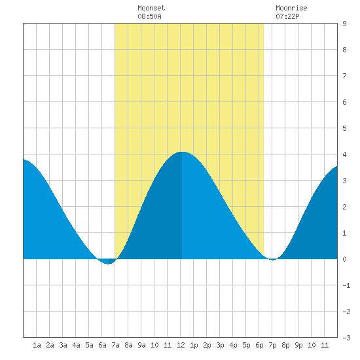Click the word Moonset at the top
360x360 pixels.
tap(151, 8)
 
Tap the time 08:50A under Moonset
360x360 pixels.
tap(149, 16)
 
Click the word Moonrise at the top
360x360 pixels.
tap(291, 8)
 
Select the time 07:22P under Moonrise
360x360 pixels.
tap(287, 16)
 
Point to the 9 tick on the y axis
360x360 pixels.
tap(344, 24)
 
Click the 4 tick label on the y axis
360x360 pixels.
tap(344, 154)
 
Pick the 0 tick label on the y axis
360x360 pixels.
tap(344, 259)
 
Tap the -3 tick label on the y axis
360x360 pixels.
tap(346, 338)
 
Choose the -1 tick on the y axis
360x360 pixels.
tap(346, 285)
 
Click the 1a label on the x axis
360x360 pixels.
tap(37, 345)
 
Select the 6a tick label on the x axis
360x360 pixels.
tap(102, 345)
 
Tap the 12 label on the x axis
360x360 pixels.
tap(181, 345)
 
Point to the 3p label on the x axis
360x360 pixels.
tap(220, 345)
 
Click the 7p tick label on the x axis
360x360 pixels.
tap(272, 345)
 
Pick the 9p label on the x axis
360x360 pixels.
tap(298, 345)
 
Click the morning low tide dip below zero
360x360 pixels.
tap(108, 264)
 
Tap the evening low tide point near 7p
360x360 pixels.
tap(272, 260)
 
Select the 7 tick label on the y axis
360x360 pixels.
tap(344, 76)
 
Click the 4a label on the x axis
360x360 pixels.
tap(76, 345)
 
